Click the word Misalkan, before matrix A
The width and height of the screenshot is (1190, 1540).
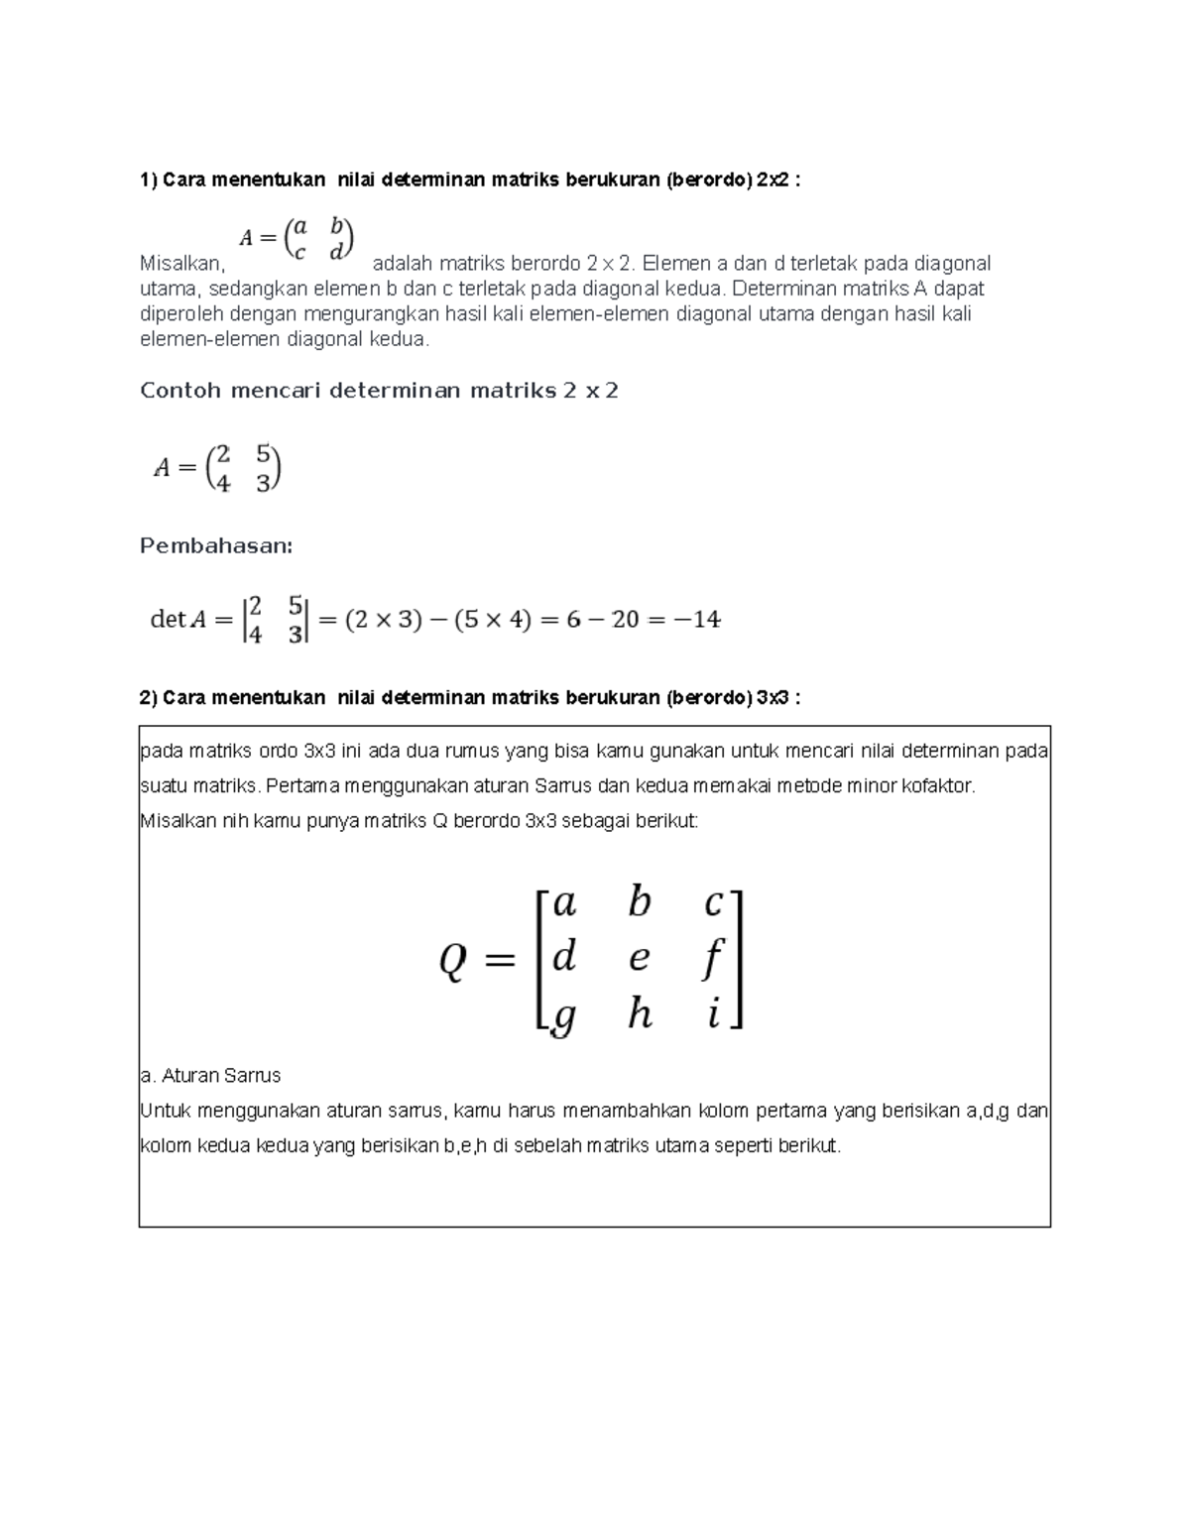click(x=182, y=264)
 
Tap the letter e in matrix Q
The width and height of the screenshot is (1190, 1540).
click(x=640, y=958)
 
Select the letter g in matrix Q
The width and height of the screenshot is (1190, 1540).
click(x=562, y=1016)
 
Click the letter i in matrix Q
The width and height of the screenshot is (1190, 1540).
click(x=713, y=1014)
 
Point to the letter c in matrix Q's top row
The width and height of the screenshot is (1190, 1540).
click(x=713, y=903)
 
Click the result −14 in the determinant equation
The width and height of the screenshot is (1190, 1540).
click(x=694, y=620)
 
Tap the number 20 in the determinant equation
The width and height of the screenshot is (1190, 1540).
click(x=625, y=620)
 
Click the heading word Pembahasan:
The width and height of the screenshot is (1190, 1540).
click(x=216, y=546)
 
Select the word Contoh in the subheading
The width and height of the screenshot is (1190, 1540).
click(x=180, y=391)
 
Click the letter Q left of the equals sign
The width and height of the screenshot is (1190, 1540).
click(x=452, y=960)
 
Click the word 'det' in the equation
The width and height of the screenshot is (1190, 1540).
click(x=167, y=620)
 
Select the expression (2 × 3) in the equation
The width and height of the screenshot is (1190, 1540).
click(x=383, y=620)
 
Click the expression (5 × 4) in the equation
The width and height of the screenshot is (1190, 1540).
click(x=493, y=620)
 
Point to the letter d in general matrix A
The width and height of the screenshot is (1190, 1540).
click(x=336, y=252)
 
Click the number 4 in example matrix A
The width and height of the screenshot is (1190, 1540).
click(x=223, y=484)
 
